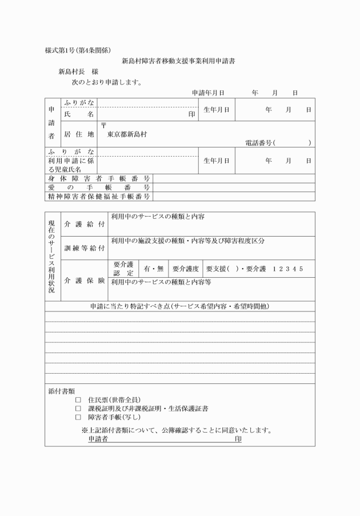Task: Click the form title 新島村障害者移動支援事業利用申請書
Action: coord(179,61)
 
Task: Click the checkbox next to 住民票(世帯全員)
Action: coord(78,399)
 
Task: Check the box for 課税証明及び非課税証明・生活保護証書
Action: coord(78,409)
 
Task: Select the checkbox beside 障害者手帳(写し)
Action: coord(78,418)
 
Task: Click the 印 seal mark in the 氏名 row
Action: coord(192,114)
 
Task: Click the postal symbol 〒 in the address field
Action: coord(103,125)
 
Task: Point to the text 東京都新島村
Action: coord(127,134)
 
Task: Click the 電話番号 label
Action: coord(258,143)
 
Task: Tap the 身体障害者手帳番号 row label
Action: coord(98,178)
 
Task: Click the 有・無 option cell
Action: coord(153,269)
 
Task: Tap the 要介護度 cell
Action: coord(185,269)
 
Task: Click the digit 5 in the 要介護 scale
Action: coord(301,269)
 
